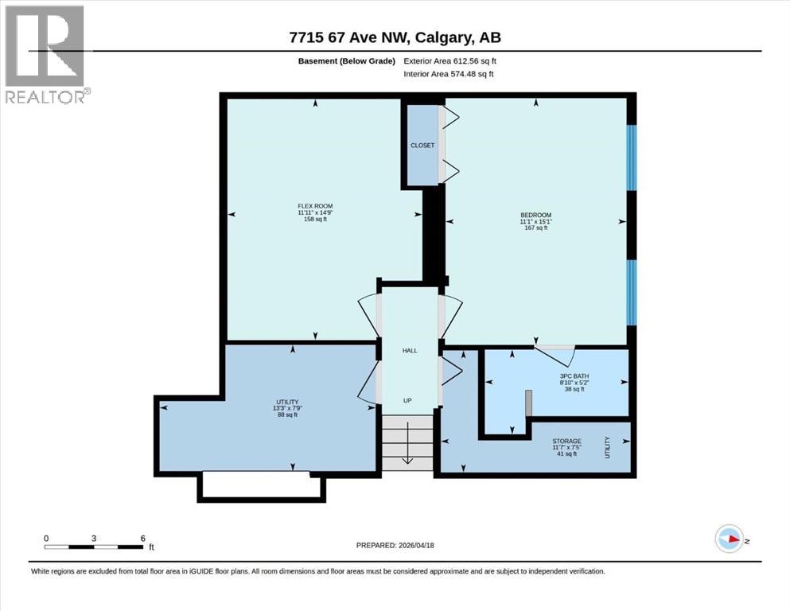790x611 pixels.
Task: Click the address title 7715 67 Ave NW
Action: [x=351, y=37]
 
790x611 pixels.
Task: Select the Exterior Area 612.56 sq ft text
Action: [x=450, y=61]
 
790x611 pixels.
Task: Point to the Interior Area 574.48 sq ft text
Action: [x=449, y=74]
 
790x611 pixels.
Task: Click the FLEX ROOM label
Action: [x=315, y=206]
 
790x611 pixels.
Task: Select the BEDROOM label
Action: [x=536, y=215]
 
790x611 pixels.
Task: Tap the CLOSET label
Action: [x=422, y=146]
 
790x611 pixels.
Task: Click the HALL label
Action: [x=410, y=351]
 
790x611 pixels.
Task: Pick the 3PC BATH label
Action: [x=574, y=376]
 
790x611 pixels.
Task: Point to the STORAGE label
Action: [x=566, y=442]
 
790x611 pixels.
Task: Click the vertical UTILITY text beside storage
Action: [x=607, y=447]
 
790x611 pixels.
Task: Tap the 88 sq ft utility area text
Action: [x=288, y=415]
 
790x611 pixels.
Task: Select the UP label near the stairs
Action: [x=407, y=400]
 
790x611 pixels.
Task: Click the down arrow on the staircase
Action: [x=407, y=443]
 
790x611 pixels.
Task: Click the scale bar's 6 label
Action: [x=143, y=539]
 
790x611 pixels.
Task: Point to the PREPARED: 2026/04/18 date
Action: [x=395, y=545]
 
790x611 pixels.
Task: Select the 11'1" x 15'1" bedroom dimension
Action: [x=536, y=222]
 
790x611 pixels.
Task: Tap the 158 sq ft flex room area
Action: [x=315, y=219]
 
